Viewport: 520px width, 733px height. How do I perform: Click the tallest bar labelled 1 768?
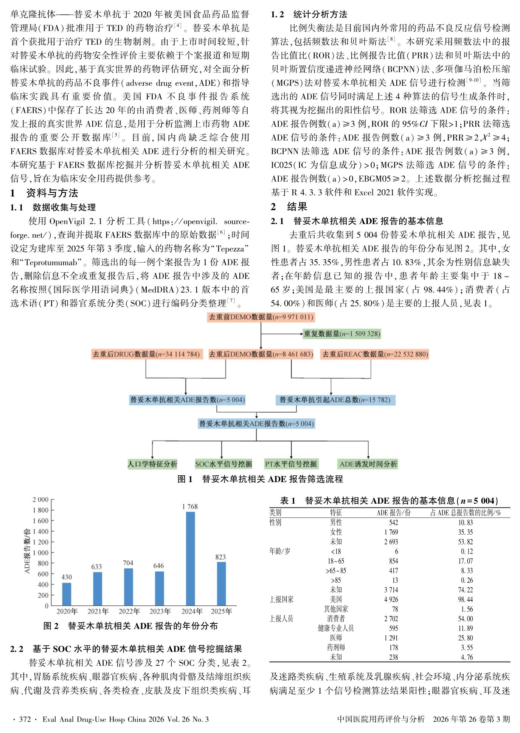pyautogui.click(x=191, y=558)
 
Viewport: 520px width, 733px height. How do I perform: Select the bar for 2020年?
pyautogui.click(x=67, y=594)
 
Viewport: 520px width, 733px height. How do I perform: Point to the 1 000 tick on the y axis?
pyautogui.click(x=40, y=552)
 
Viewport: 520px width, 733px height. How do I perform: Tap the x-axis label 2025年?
pyautogui.click(x=221, y=611)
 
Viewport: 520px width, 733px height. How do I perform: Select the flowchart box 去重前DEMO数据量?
pyautogui.click(x=261, y=317)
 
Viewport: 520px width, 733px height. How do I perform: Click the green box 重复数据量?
pyautogui.click(x=342, y=334)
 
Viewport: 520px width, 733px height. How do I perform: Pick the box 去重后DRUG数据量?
pyautogui.click(x=146, y=354)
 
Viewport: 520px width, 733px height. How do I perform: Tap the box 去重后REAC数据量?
pyautogui.click(x=375, y=354)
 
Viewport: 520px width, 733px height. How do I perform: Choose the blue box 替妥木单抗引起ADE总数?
pyautogui.click(x=335, y=400)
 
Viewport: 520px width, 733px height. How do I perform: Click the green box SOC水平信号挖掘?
pyautogui.click(x=223, y=464)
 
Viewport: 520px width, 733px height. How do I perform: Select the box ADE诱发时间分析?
pyautogui.click(x=368, y=464)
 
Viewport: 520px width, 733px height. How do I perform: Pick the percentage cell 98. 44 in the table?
pyautogui.click(x=466, y=600)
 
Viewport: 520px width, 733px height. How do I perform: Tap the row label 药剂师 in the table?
pyautogui.click(x=336, y=648)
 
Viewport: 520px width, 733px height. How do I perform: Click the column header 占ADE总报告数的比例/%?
pyautogui.click(x=466, y=513)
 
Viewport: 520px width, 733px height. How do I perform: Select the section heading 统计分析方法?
pyautogui.click(x=320, y=14)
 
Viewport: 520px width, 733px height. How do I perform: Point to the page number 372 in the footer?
pyautogui.click(x=25, y=719)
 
